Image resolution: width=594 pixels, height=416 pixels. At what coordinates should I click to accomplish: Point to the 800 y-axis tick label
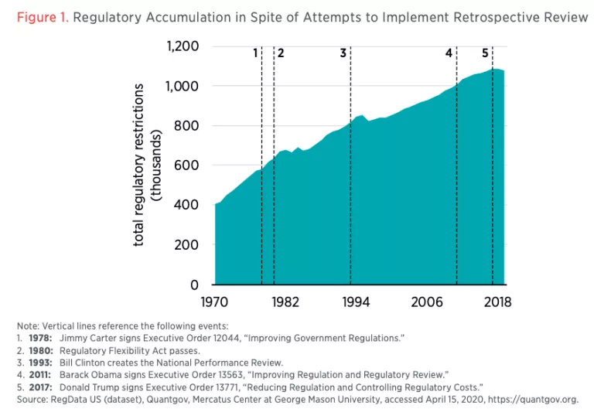coord(188,126)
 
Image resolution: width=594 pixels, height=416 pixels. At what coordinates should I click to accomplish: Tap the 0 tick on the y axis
coord(195,285)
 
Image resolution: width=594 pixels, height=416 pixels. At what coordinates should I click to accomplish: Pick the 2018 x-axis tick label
coord(497,302)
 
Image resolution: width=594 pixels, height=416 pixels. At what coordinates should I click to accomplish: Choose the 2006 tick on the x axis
coord(426,302)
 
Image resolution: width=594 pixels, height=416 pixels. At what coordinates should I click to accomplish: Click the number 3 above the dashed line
coord(343,53)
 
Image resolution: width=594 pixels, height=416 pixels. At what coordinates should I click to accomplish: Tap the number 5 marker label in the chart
coord(485,53)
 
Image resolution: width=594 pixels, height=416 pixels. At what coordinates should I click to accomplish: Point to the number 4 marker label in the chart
coord(449,53)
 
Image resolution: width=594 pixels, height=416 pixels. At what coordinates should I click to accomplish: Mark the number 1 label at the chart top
coord(255,53)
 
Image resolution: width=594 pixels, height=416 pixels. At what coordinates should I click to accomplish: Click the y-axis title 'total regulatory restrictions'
coord(139,165)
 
